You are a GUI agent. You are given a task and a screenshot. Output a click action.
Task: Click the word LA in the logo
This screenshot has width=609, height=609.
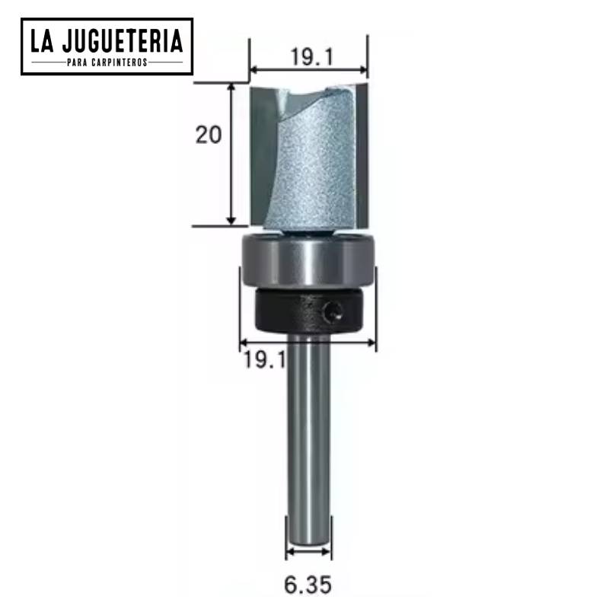coord(42,40)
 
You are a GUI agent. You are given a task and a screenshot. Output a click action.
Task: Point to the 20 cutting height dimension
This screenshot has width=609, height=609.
coord(209,136)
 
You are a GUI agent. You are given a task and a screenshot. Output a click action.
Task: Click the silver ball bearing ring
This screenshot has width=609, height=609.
coord(308,261)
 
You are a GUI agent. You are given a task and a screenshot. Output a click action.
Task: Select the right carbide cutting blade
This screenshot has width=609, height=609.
coord(362,152)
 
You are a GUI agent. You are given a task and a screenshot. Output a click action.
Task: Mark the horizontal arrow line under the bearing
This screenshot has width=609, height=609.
coord(308,343)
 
